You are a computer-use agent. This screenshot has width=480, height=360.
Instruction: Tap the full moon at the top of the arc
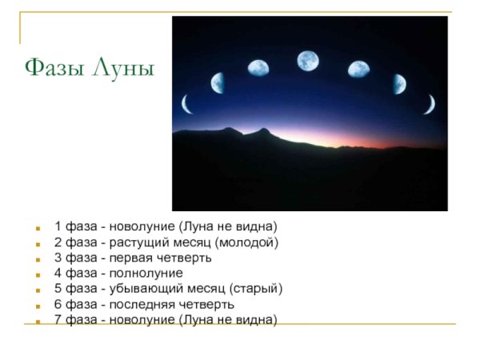coord(308,61)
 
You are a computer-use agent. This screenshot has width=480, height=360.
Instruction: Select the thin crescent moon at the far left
coord(186,103)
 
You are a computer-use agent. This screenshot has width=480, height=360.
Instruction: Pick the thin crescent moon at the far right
coord(430,103)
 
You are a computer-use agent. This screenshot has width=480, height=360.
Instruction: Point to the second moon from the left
coord(217,82)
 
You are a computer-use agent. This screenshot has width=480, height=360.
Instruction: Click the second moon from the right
coord(399,82)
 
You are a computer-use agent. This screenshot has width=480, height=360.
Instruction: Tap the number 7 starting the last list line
coord(58,319)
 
